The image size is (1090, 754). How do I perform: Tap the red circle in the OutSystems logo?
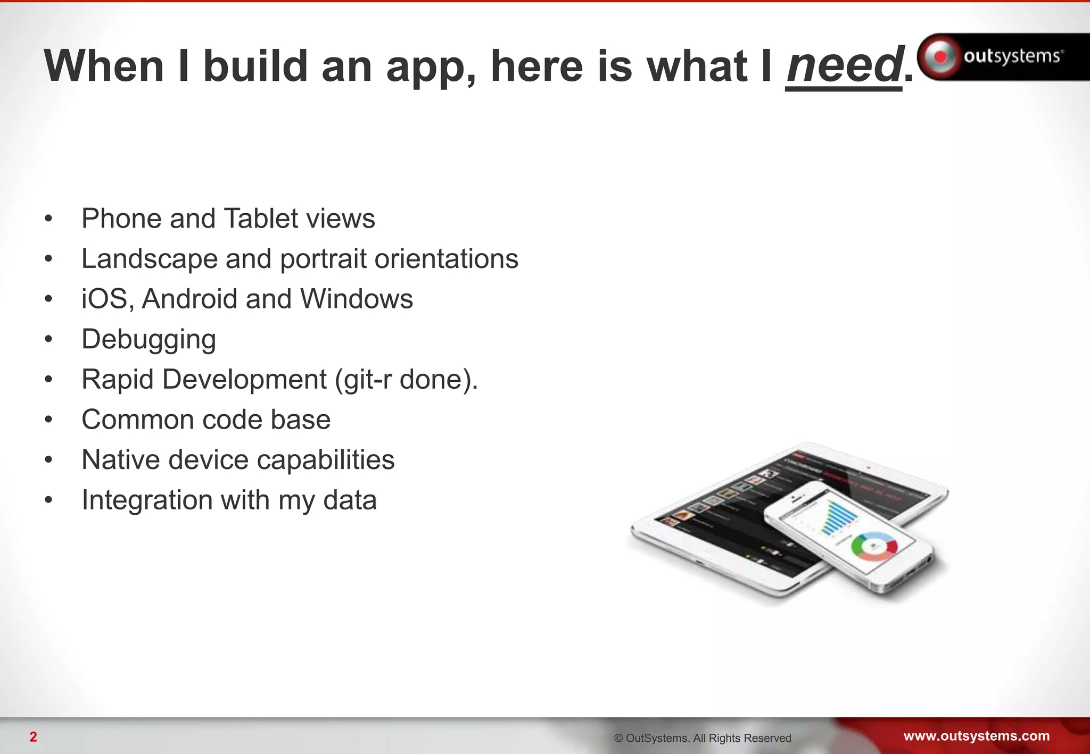[940, 56]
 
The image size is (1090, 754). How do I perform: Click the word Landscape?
[149, 259]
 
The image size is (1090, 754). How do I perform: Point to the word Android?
[189, 299]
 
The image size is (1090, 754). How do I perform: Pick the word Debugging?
[148, 340]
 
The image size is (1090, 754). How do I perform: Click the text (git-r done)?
[407, 380]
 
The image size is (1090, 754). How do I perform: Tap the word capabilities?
[325, 460]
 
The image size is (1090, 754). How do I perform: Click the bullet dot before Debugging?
[48, 340]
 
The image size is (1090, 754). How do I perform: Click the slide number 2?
[33, 737]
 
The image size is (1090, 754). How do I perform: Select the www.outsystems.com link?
[976, 736]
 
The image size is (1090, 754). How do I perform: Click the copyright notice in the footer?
[703, 738]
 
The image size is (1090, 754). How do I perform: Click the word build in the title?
[255, 66]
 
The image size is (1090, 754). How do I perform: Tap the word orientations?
[446, 259]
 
